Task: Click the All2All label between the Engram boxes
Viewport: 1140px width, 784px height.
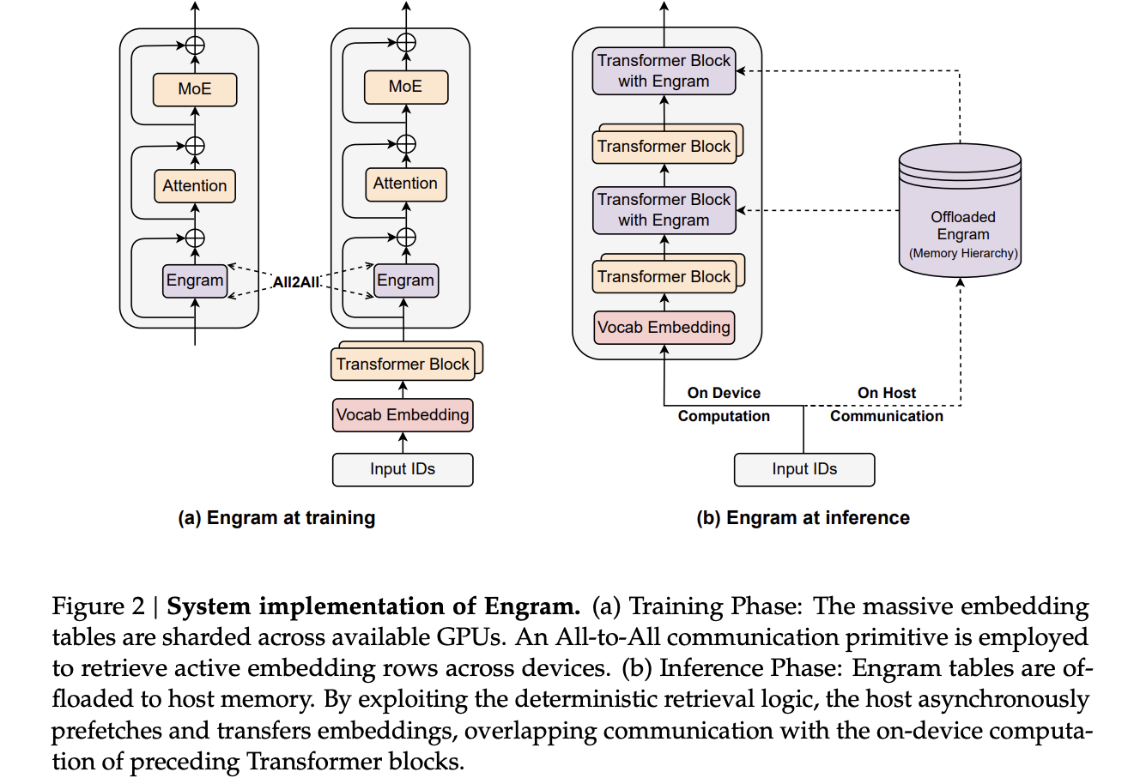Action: pos(296,282)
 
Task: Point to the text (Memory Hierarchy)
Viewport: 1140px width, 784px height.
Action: pos(963,253)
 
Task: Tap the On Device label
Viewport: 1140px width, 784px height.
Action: pos(724,393)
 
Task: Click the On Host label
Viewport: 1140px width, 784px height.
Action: pos(886,393)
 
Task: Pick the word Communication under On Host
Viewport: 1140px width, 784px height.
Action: pos(886,416)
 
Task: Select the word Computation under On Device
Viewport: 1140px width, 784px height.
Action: pos(724,416)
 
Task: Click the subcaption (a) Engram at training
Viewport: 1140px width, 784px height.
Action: pos(276,518)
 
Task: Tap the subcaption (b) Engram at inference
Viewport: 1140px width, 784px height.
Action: pos(803,518)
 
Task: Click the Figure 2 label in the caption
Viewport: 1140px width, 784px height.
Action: pos(99,606)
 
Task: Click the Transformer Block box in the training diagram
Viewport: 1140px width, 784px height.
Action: pos(403,364)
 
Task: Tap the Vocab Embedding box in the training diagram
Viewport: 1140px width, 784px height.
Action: pos(403,415)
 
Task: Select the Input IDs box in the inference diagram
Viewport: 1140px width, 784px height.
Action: pos(804,469)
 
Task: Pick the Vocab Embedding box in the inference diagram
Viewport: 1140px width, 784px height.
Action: pos(664,327)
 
